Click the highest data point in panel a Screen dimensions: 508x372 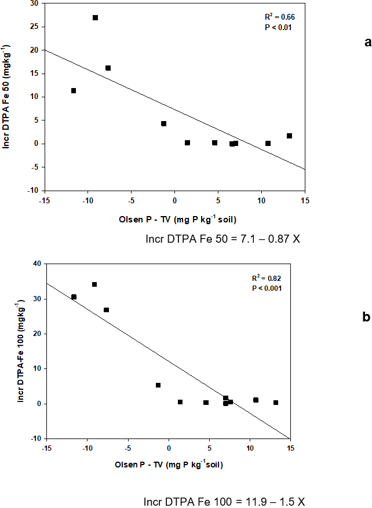[x=95, y=18]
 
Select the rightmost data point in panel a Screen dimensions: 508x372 [x=289, y=136]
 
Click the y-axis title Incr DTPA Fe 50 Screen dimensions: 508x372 [x=6, y=97]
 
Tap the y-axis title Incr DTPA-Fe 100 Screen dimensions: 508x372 [x=21, y=351]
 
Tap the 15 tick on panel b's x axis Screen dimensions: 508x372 [x=290, y=448]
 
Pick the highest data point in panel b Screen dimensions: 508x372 [x=94, y=284]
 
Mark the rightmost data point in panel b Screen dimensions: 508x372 [x=276, y=403]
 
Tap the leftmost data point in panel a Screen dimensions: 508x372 [x=74, y=90]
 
